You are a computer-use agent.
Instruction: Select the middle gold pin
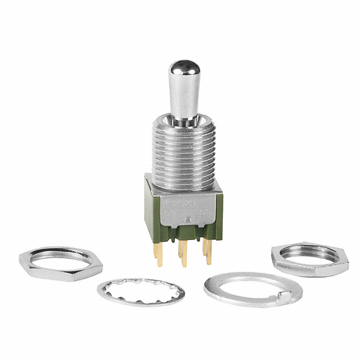[x=182, y=259]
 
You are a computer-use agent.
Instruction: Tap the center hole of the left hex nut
[x=62, y=260]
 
